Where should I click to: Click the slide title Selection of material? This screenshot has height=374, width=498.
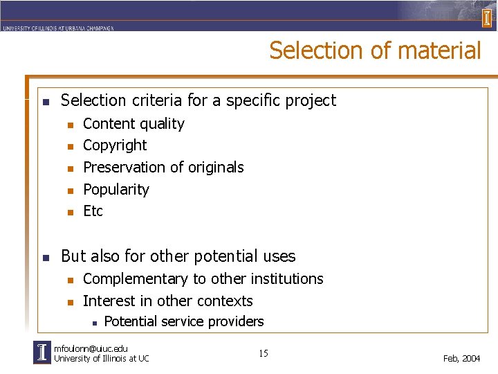tap(375, 51)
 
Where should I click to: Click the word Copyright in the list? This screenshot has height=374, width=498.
tap(115, 145)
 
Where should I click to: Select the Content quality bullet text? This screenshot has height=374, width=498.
tap(133, 124)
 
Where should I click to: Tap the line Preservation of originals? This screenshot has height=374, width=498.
tap(163, 168)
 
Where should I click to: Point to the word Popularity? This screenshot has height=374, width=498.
tap(116, 189)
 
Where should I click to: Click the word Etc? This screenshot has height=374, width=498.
tap(93, 211)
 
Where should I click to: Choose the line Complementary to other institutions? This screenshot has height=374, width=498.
tap(203, 278)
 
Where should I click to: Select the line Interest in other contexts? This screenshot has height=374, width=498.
tap(167, 301)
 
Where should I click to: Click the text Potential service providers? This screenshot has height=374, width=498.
tap(183, 321)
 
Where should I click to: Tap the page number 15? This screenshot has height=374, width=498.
tap(264, 354)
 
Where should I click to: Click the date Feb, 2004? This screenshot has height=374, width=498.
tap(461, 358)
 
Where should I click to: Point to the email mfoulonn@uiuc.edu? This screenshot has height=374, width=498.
tap(91, 348)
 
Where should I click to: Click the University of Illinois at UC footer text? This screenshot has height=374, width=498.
tap(101, 358)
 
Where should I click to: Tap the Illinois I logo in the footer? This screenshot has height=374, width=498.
tap(42, 353)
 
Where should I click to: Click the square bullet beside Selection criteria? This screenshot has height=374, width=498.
tap(45, 102)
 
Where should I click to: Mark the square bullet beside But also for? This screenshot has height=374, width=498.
tap(45, 258)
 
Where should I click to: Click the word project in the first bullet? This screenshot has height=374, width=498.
tap(311, 100)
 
